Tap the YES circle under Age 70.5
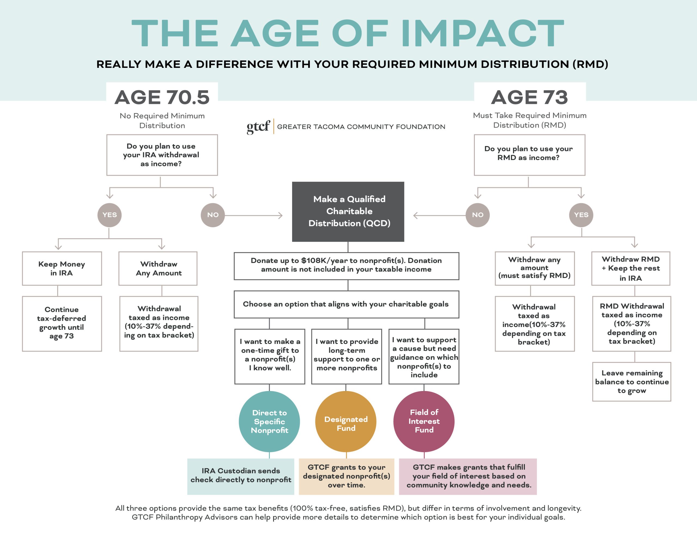pyautogui.click(x=109, y=215)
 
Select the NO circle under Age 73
pyautogui.click(x=478, y=215)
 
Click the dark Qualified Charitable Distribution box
pyautogui.click(x=348, y=211)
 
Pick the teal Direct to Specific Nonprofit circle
pyautogui.click(x=269, y=422)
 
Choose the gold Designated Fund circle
pyautogui.click(x=346, y=422)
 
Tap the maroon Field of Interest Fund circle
pyautogui.click(x=424, y=422)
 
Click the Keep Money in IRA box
pyautogui.click(x=62, y=268)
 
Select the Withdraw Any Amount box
pyautogui.click(x=158, y=268)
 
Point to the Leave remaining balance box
pyautogui.click(x=632, y=381)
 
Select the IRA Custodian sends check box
pyautogui.click(x=241, y=476)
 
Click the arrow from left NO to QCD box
pyautogui.click(x=254, y=216)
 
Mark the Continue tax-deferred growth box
pyautogui.click(x=62, y=323)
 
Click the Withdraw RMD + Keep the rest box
pyautogui.click(x=631, y=268)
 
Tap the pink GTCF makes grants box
pyautogui.click(x=468, y=476)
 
